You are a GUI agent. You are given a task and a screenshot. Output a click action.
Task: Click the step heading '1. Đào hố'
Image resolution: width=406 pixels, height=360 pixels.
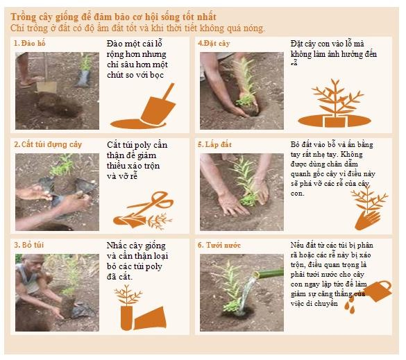30,43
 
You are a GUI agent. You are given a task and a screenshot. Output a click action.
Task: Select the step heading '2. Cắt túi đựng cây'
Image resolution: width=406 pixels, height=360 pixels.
48,144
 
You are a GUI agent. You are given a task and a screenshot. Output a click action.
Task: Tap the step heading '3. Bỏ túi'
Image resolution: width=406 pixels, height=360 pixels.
29,245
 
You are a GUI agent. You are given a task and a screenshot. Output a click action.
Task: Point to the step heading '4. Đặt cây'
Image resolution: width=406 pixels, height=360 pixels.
214,43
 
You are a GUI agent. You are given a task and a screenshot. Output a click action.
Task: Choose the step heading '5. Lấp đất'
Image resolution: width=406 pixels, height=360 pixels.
214,144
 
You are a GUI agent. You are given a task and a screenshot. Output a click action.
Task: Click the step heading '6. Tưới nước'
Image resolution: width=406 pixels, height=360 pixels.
219,245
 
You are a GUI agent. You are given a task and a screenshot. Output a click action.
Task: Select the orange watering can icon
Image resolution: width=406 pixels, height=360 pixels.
378,291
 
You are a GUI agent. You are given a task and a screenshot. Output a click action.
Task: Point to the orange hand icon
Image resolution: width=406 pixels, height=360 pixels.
368,220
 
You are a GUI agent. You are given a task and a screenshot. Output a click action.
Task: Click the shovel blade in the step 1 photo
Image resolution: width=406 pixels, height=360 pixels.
46,87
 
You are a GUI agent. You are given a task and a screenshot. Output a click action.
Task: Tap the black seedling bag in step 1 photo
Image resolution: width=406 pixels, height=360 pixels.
83,78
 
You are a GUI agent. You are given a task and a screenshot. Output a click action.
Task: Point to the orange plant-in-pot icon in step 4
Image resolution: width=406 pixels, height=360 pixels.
335,103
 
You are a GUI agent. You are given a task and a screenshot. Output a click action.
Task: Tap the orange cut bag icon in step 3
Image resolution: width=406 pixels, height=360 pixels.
150,318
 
